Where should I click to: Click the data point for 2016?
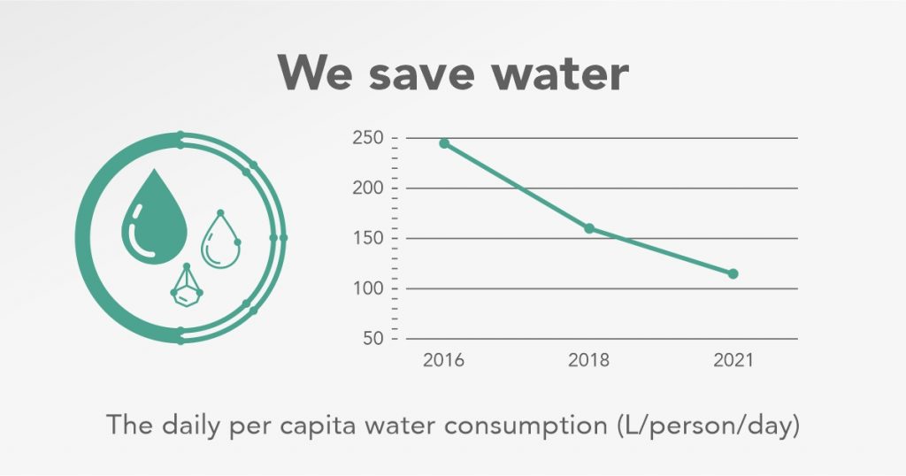444,143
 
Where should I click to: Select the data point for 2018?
589,228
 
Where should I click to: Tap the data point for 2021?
733,273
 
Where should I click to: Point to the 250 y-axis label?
366,138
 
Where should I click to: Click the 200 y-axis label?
366,188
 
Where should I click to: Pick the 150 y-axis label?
366,239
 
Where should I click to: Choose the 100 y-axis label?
366,288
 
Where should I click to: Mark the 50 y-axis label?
371,339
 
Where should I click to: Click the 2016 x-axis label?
443,361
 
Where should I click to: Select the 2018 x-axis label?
588,361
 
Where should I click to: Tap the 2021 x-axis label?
732,361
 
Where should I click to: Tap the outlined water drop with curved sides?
220,242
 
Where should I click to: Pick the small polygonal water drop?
186,288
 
